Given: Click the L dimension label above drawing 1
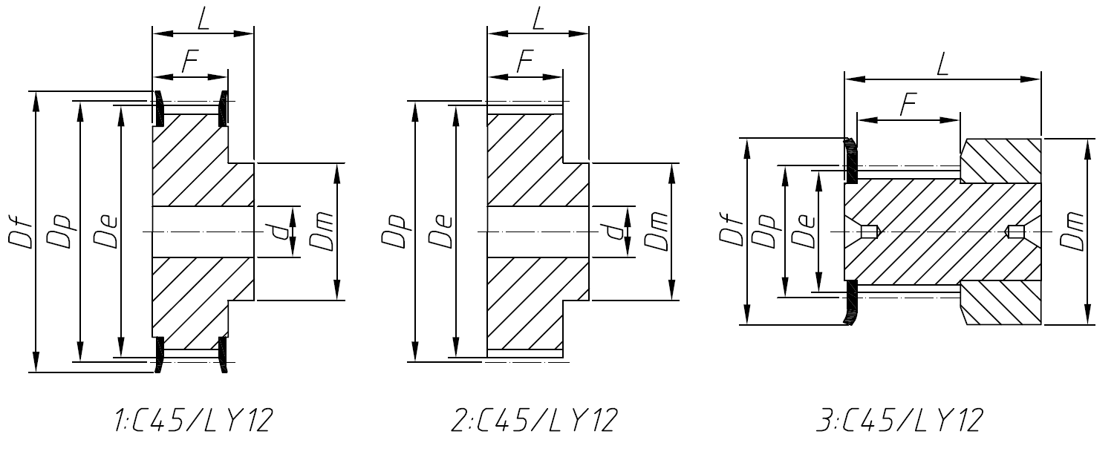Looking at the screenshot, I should click(203, 19).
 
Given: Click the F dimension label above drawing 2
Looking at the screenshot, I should click(526, 63).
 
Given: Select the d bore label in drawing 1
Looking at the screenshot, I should click(280, 232).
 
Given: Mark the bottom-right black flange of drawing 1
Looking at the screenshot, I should click(223, 355).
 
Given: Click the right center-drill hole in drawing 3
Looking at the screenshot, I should click(1015, 232).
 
